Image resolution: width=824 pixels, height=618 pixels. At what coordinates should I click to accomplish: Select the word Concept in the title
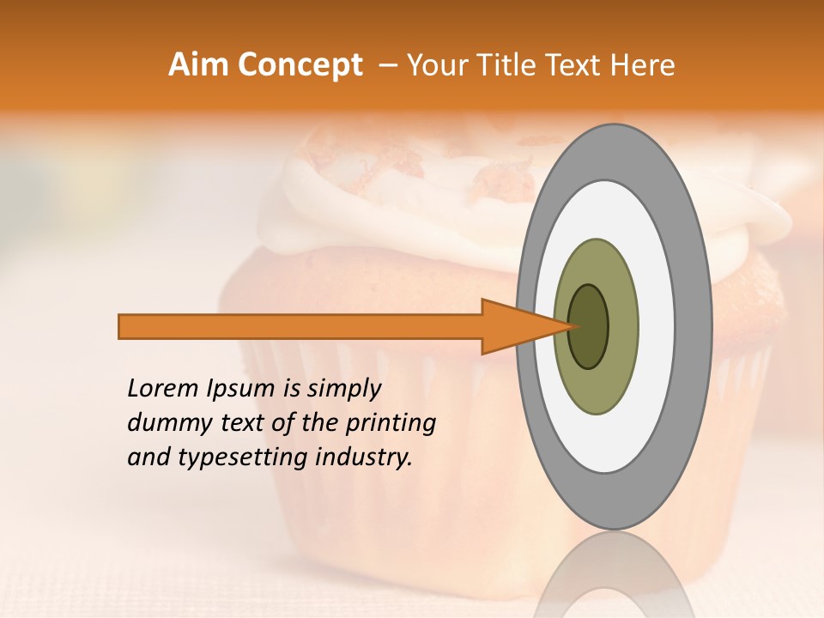pos(300,65)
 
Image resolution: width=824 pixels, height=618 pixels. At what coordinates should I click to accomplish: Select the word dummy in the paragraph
pos(164,423)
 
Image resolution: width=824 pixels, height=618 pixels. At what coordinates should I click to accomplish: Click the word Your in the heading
pos(437,65)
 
